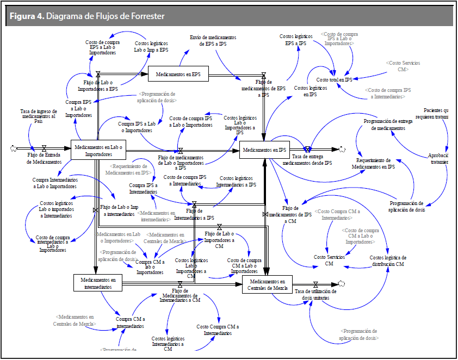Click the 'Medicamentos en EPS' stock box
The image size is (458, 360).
(178, 73)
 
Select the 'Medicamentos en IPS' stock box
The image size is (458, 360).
(264, 150)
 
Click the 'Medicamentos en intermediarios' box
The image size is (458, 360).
(97, 283)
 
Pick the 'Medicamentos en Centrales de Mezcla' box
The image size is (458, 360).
(267, 284)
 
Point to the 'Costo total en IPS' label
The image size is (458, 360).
(338, 79)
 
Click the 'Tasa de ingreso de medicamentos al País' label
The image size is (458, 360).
(38, 116)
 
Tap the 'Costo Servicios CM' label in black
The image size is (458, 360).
(329, 260)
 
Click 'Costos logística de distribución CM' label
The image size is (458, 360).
(387, 260)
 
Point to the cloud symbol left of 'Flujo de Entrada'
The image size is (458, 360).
(14, 147)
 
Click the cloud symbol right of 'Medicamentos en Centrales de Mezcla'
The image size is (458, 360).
(342, 283)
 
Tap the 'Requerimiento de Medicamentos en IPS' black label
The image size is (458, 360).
(375, 164)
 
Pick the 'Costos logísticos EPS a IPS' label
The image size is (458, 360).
(294, 40)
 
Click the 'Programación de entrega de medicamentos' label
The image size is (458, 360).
(388, 125)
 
